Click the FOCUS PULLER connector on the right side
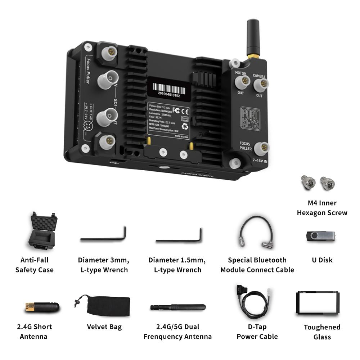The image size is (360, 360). pyautogui.click(x=261, y=148)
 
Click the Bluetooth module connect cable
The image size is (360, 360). pyautogui.click(x=257, y=232)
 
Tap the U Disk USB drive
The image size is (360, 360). pyautogui.click(x=320, y=236)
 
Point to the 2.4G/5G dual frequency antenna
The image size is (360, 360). pyautogui.click(x=178, y=308)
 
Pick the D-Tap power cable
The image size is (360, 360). pyautogui.click(x=253, y=302)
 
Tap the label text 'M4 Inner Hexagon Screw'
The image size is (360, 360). pyautogui.click(x=322, y=208)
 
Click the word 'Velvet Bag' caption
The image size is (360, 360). pyautogui.click(x=104, y=327)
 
